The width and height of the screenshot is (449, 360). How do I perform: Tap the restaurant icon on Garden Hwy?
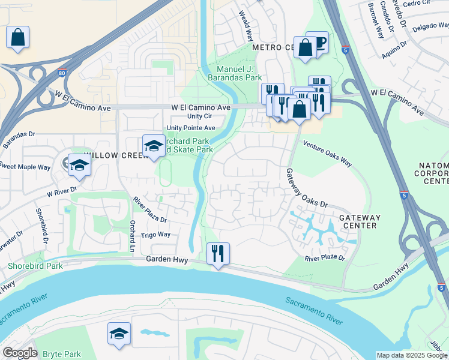coord(218,253)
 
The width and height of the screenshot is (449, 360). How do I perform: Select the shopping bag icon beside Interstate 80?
coord(17,37)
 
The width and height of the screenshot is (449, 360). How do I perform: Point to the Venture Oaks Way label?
coord(327,153)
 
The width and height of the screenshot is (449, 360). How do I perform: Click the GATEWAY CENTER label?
coord(358,221)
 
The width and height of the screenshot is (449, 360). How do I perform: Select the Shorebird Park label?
coord(26,266)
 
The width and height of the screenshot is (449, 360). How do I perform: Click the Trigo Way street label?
coord(155,235)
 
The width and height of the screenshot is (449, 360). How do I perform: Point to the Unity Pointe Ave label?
coord(191,128)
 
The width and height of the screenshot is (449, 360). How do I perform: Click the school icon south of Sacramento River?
coord(119,334)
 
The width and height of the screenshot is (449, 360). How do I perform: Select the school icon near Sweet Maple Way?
coord(79,165)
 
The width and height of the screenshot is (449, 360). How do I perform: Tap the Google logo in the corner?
coord(20,353)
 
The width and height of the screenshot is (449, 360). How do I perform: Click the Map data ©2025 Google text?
coord(412,355)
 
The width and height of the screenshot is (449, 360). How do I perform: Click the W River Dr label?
coord(62,191)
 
